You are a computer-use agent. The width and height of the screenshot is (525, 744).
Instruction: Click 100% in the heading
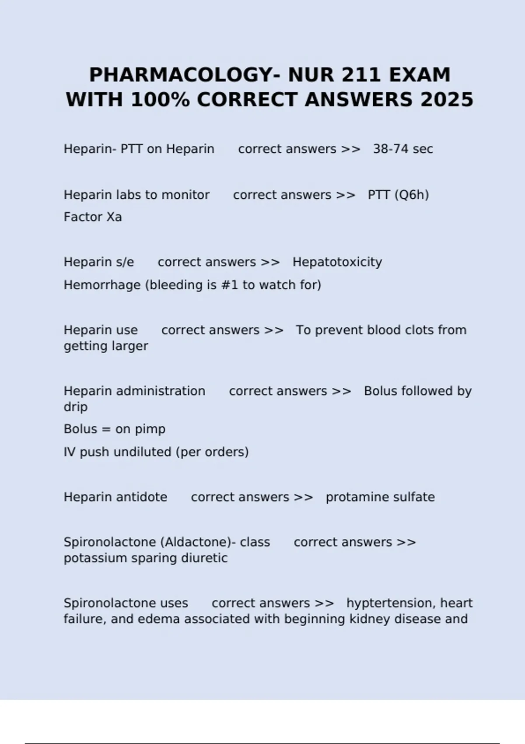pyautogui.click(x=160, y=100)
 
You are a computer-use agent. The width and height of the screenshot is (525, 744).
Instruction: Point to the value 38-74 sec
pyautogui.click(x=402, y=149)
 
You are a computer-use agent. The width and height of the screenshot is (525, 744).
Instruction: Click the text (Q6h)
pyautogui.click(x=411, y=195)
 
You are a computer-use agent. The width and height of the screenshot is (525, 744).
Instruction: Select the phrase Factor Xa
pyautogui.click(x=93, y=217)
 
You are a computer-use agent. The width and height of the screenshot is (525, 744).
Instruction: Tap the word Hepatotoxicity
pyautogui.click(x=337, y=262)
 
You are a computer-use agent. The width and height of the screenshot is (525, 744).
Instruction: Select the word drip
pyautogui.click(x=75, y=407)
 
